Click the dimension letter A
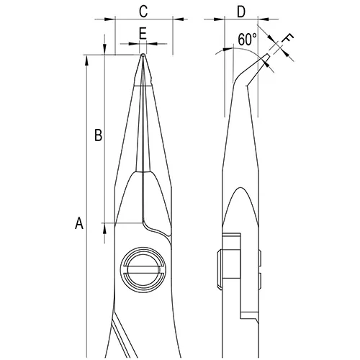click(x=80, y=225)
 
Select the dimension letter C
click(x=143, y=11)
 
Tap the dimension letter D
click(x=242, y=11)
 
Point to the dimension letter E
click(x=143, y=33)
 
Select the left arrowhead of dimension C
click(x=118, y=22)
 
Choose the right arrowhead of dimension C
click(x=169, y=22)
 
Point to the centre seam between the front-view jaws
click(x=144, y=130)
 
